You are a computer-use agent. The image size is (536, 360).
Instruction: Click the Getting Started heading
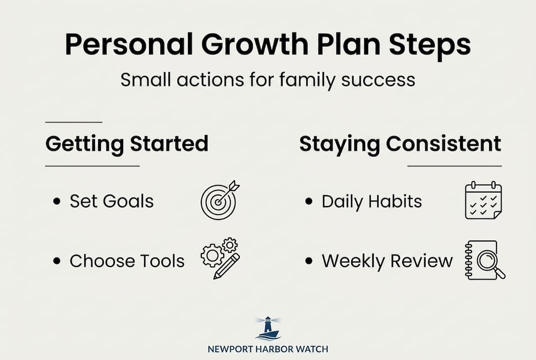point(127,144)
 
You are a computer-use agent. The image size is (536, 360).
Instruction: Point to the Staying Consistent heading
point(400,144)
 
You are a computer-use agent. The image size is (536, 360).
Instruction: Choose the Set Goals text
point(111,201)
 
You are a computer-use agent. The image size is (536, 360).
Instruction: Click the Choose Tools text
point(127,260)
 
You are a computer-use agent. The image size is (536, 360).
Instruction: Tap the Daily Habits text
point(372,201)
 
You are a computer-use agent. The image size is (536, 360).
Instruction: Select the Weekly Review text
point(387,260)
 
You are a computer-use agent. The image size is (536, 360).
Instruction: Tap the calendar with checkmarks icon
point(483,200)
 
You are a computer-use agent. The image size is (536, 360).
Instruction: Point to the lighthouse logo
point(268,328)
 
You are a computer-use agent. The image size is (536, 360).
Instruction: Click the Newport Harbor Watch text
point(268,349)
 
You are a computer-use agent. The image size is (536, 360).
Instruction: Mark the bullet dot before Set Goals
point(57,201)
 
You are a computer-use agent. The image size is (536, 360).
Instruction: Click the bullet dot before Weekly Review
point(309,261)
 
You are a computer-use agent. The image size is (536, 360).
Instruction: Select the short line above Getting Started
point(73,122)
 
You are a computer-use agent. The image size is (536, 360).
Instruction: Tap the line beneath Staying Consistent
point(454,165)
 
